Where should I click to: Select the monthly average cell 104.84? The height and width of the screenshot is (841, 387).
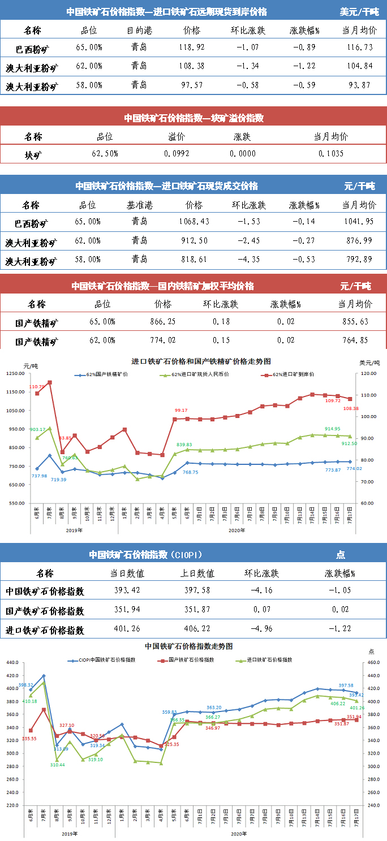point(359,66)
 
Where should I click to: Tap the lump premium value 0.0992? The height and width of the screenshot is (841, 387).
point(177,153)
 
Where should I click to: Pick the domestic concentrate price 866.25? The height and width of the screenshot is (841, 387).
point(163,321)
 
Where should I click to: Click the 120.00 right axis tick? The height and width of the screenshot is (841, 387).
point(369,373)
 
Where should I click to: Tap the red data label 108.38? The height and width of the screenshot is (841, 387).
point(351,408)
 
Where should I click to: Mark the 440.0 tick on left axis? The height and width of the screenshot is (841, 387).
point(12,663)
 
